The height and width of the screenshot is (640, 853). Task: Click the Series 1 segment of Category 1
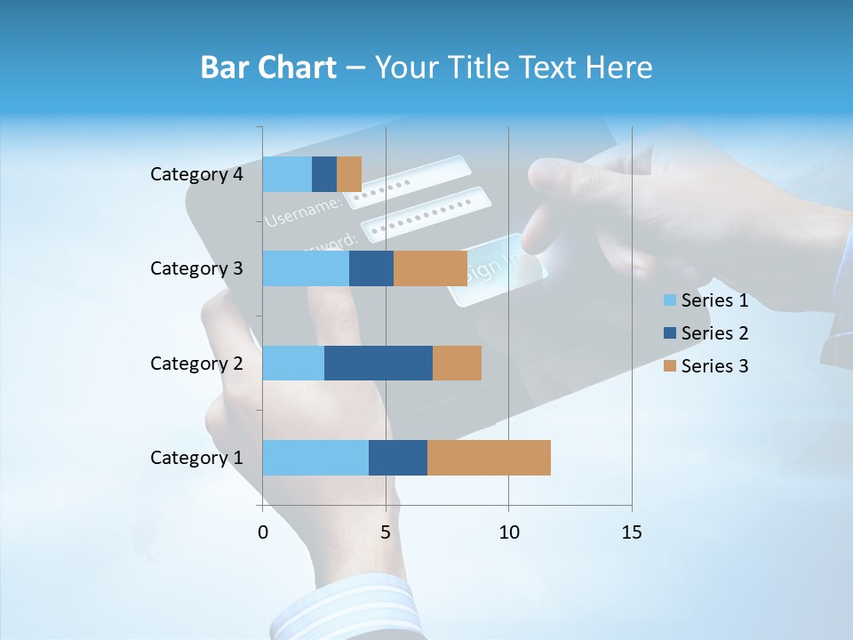click(315, 458)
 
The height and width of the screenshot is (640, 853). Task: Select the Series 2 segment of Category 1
click(398, 458)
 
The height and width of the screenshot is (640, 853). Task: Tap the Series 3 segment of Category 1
click(489, 458)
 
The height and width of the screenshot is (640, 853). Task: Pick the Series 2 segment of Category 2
click(379, 363)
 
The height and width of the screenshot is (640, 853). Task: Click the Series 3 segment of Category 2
click(457, 363)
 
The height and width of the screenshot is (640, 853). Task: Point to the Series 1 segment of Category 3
click(306, 268)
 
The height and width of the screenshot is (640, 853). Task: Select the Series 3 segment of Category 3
click(430, 268)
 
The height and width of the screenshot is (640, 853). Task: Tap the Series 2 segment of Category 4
click(324, 174)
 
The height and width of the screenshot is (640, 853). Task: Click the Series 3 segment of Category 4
click(349, 174)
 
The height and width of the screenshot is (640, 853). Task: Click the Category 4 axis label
click(196, 174)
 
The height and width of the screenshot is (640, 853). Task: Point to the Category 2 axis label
click(196, 363)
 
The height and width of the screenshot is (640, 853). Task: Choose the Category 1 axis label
click(196, 458)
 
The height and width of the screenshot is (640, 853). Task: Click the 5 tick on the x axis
click(386, 532)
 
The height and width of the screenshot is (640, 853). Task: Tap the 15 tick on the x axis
click(631, 532)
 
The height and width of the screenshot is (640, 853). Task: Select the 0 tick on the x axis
click(263, 532)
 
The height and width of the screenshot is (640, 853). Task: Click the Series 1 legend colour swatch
click(669, 300)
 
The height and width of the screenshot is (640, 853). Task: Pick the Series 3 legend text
click(714, 366)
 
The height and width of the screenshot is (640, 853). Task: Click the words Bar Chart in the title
click(267, 68)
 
